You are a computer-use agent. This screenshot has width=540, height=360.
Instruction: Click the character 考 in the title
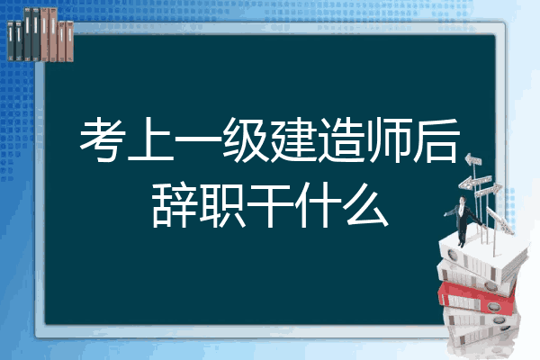click(x=103, y=139)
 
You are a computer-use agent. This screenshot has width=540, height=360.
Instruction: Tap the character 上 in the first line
click(x=151, y=139)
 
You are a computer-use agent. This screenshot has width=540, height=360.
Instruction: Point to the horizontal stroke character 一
click(x=199, y=139)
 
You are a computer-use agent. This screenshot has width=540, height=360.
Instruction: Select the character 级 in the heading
click(x=247, y=139)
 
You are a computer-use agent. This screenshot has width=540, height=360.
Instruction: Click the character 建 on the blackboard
click(x=293, y=139)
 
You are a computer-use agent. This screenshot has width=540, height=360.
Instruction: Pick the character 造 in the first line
click(x=342, y=139)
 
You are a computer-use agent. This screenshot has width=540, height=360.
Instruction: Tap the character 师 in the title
click(x=389, y=139)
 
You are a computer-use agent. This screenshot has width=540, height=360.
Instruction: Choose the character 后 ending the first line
click(x=436, y=139)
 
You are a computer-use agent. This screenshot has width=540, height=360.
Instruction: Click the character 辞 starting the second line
click(x=175, y=205)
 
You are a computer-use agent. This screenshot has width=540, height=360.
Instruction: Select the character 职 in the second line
click(x=222, y=205)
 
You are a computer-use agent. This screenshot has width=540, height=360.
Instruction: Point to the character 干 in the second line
click(x=270, y=205)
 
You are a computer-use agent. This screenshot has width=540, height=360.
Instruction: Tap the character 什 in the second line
click(x=318, y=205)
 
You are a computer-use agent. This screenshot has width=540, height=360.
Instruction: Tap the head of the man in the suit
click(x=463, y=200)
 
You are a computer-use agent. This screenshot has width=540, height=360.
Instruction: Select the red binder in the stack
click(x=477, y=297)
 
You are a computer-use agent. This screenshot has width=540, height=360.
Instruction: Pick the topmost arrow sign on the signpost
click(x=473, y=160)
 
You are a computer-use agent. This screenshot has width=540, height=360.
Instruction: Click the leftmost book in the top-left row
click(x=11, y=40)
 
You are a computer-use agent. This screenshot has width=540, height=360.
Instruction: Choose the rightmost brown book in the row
click(x=69, y=41)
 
